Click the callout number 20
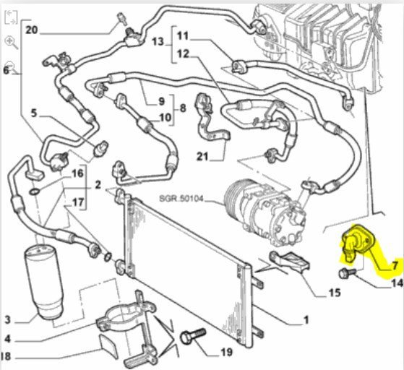coord(31,30)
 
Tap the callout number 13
coord(158,41)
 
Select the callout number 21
coord(202,156)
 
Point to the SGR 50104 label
coord(181,199)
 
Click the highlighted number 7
coord(395,266)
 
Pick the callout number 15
coord(335,293)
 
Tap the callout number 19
coord(227,352)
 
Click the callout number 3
coord(8,319)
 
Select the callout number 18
coord(6,356)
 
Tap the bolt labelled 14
coord(347,273)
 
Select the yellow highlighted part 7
coord(356,243)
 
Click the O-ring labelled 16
coord(34,192)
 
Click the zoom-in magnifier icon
coord(11,42)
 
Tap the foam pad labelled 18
coord(108,346)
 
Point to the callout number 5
coord(34,113)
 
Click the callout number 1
coord(306,319)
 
